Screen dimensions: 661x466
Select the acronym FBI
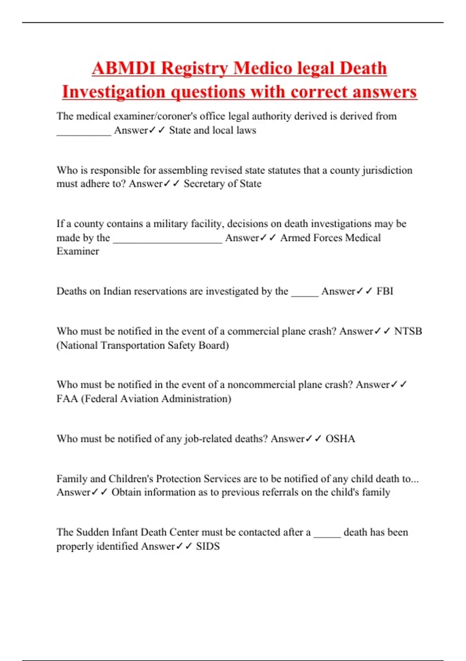385,291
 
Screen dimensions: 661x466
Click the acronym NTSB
408,331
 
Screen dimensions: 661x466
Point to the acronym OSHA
340,439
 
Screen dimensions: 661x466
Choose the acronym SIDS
208,546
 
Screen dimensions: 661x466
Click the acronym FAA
67,399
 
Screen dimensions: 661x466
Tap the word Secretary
204,184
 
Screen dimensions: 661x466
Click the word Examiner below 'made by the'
78,251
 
